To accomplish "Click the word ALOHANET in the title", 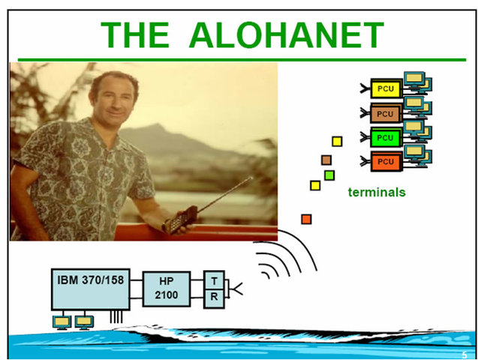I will coord(286,35).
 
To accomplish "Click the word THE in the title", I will coord(137,35).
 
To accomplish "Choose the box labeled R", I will coord(214,298).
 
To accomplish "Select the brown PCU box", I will coord(386,114).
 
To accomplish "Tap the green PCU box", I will coord(386,138).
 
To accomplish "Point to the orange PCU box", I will coord(386,161).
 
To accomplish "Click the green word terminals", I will coord(376,193).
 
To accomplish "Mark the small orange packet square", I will coord(306,219).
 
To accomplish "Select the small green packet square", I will coord(329,175).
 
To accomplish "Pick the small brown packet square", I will coord(326,160).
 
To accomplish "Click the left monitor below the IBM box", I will coord(62,322).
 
